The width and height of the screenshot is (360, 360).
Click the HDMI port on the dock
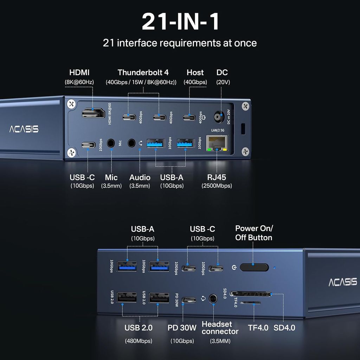[x=93, y=114]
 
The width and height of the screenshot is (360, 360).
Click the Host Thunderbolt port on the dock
[x=189, y=117]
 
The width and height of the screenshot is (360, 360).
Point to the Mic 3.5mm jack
[x=111, y=143]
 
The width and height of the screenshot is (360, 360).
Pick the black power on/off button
[x=254, y=267]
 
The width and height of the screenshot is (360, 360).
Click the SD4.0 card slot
[x=251, y=294]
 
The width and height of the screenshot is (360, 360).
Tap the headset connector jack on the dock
[x=213, y=299]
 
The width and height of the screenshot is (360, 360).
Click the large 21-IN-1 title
[x=180, y=22]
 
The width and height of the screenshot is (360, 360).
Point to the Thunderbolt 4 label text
[x=143, y=72]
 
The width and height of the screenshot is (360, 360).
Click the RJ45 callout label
[x=217, y=178]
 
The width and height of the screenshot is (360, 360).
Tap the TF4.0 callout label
[x=258, y=328]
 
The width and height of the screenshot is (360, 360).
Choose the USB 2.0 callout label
[x=139, y=328]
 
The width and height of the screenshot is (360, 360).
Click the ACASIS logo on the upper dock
[x=24, y=129]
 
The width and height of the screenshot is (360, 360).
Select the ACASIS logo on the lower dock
[x=342, y=282]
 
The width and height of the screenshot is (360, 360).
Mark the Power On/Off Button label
[x=254, y=233]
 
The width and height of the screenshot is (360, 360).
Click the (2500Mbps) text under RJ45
[x=217, y=186]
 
